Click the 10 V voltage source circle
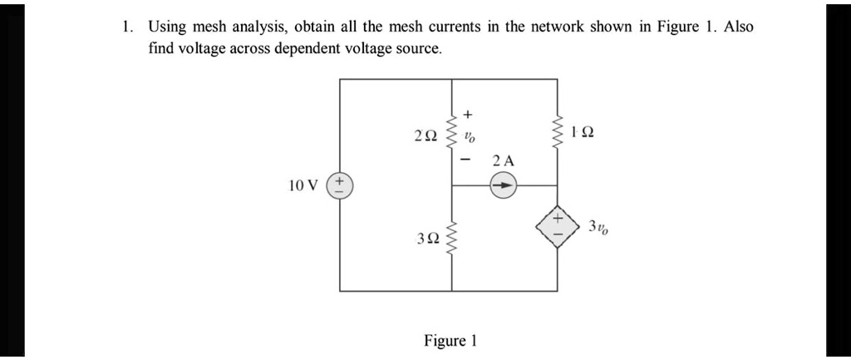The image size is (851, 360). [x=340, y=185]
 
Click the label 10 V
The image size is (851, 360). [x=303, y=185]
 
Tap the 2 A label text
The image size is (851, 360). [x=503, y=160]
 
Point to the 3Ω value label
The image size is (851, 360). [x=427, y=239]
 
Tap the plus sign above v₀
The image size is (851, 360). [x=469, y=112]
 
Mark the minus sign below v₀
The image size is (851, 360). [x=469, y=157]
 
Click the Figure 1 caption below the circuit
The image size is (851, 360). [x=450, y=341]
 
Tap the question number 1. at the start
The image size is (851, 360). [x=125, y=27]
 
